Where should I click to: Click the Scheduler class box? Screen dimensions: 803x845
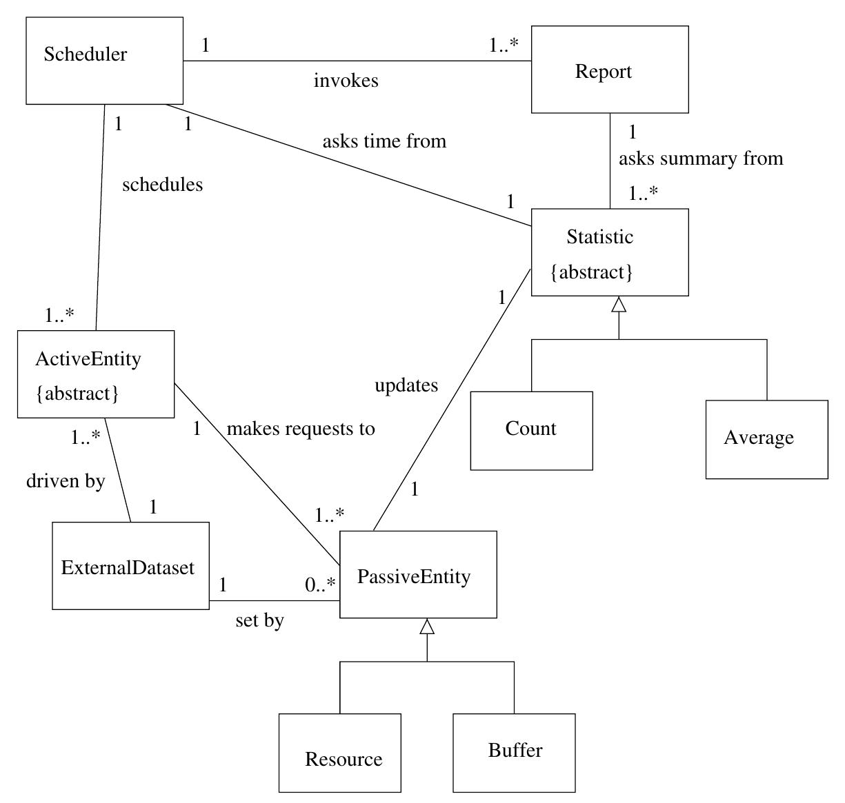[x=104, y=61]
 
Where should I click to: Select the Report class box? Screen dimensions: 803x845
[x=610, y=70]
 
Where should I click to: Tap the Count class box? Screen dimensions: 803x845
[x=531, y=431]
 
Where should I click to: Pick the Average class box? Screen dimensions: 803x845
[x=766, y=439]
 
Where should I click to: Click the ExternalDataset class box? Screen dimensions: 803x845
[x=130, y=566]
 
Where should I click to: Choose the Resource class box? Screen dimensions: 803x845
[x=339, y=753]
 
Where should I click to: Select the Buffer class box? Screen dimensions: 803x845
[x=514, y=753]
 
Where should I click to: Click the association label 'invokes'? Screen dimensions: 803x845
[x=346, y=81]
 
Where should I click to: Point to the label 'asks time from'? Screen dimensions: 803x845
[x=384, y=141]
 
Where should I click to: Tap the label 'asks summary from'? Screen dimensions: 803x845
[x=700, y=159]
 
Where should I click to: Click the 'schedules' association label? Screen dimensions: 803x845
[x=162, y=185]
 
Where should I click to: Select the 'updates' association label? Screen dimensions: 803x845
[x=406, y=385]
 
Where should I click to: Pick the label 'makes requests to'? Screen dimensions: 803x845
[x=301, y=429]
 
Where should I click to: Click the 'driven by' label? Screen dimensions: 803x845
[x=66, y=480]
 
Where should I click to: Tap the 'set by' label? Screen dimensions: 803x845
[x=259, y=620]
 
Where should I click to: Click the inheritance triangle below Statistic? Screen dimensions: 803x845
[x=619, y=304]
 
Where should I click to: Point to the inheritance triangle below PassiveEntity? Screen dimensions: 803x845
[x=427, y=626]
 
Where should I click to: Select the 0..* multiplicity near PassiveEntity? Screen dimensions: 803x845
[x=320, y=585]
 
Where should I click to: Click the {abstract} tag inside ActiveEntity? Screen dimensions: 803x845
[x=77, y=394]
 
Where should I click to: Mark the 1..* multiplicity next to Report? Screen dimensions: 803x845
[x=504, y=45]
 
